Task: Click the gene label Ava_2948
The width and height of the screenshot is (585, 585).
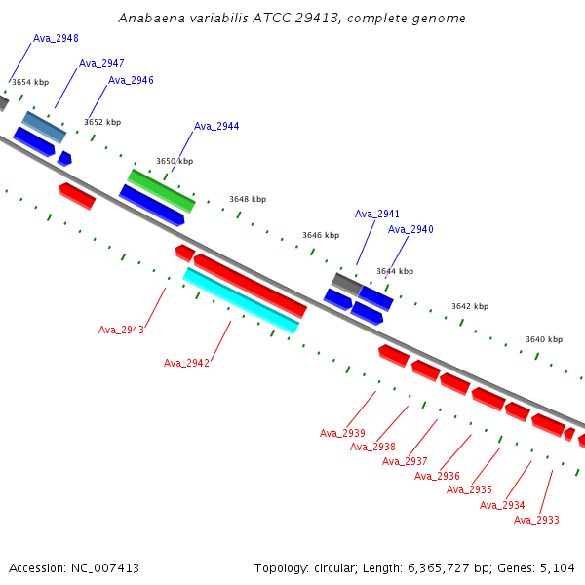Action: coord(56,38)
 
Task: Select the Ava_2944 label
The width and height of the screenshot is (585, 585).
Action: coord(216,126)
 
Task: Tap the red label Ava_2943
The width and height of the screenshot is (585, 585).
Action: coord(121,330)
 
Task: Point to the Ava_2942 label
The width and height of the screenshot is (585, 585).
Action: coord(186,363)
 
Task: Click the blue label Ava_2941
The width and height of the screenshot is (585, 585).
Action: coord(376,214)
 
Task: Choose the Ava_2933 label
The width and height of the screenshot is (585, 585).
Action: coord(536,520)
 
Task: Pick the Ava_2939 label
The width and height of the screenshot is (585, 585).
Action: coord(342,433)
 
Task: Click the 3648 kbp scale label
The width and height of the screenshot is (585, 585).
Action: coord(248,199)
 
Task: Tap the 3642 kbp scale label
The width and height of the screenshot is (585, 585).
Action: coord(470,306)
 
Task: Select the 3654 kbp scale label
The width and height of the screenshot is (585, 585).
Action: coord(30,82)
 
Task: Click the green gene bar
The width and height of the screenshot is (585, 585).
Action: coord(161,191)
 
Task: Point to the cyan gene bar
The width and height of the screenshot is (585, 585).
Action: coord(241,300)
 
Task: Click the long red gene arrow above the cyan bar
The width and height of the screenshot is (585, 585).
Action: coord(251,286)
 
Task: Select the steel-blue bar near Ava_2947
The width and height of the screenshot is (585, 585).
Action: coord(44,127)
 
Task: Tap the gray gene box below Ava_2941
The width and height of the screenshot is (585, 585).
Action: coord(347,285)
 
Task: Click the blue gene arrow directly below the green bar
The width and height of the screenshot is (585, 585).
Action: coord(152,206)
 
